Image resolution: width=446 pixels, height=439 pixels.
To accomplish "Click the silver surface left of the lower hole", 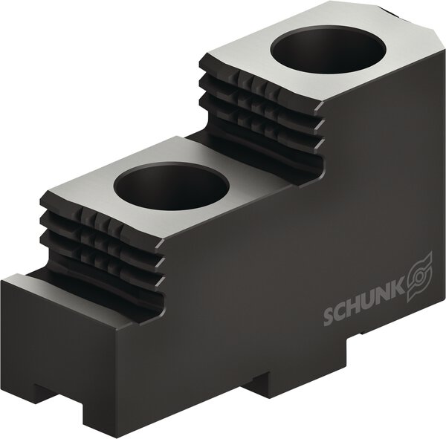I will [89, 178].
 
